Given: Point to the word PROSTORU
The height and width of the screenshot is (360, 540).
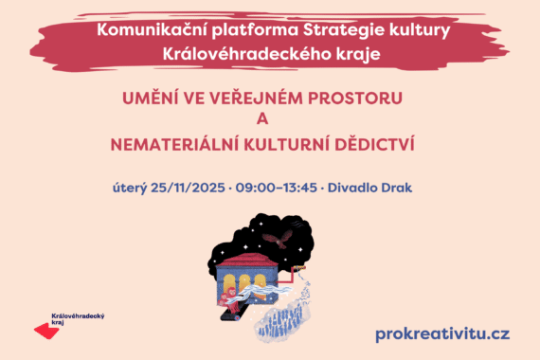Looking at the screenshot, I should [x=361, y=98].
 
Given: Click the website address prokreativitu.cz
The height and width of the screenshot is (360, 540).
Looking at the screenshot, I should [x=442, y=333].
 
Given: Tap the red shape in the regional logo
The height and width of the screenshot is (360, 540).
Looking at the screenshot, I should [x=45, y=331].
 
